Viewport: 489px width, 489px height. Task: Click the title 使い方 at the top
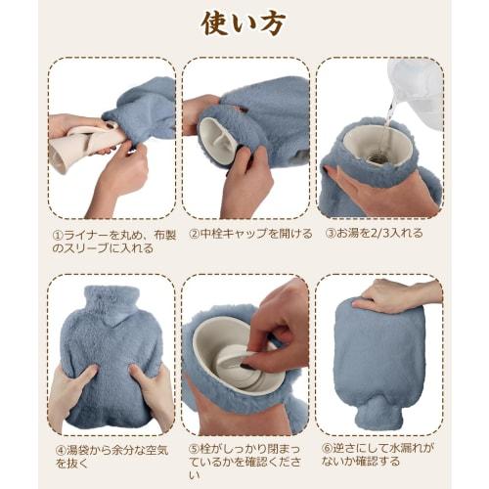click(x=244, y=23)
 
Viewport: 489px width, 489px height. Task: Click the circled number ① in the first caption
click(x=58, y=235)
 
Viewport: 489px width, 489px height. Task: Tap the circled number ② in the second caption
click(x=194, y=234)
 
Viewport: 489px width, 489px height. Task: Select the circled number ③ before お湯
click(x=331, y=234)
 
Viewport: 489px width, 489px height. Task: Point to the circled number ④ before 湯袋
click(x=61, y=450)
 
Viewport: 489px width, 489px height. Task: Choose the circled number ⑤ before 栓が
click(x=194, y=449)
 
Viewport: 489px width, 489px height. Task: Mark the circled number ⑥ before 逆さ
click(x=327, y=448)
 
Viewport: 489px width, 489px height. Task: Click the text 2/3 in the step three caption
click(x=378, y=234)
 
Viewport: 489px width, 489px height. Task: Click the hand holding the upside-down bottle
click(x=396, y=295)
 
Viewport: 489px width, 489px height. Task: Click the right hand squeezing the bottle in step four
click(x=153, y=393)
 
